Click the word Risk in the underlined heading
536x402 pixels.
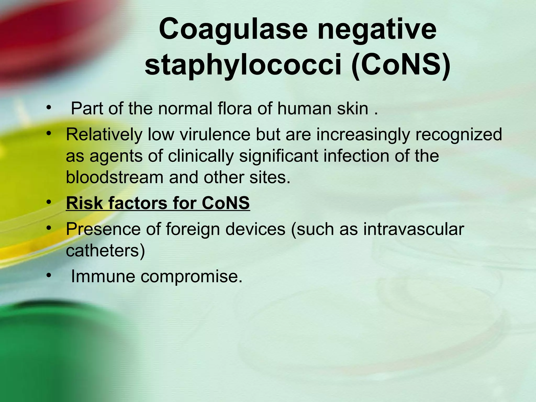(x=85, y=203)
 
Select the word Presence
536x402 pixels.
(x=103, y=229)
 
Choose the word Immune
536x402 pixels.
(x=103, y=276)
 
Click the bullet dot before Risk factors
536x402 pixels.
(x=48, y=202)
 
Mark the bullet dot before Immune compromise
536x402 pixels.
(x=48, y=275)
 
